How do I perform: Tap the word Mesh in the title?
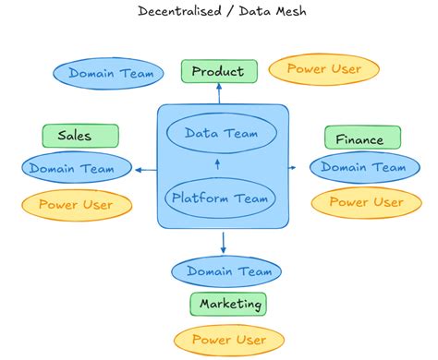coord(284,11)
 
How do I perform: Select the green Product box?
coord(218,71)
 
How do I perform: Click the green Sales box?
coord(80,136)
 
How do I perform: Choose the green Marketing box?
coord(227,303)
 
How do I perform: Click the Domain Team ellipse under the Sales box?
coord(71,168)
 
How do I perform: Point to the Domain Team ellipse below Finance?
coord(362,167)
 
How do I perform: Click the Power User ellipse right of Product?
coord(322,68)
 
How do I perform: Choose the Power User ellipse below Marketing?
coord(229,339)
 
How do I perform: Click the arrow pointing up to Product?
coord(219,92)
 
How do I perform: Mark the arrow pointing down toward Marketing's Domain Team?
coord(224,242)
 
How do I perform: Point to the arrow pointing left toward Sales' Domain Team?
coord(145,169)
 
